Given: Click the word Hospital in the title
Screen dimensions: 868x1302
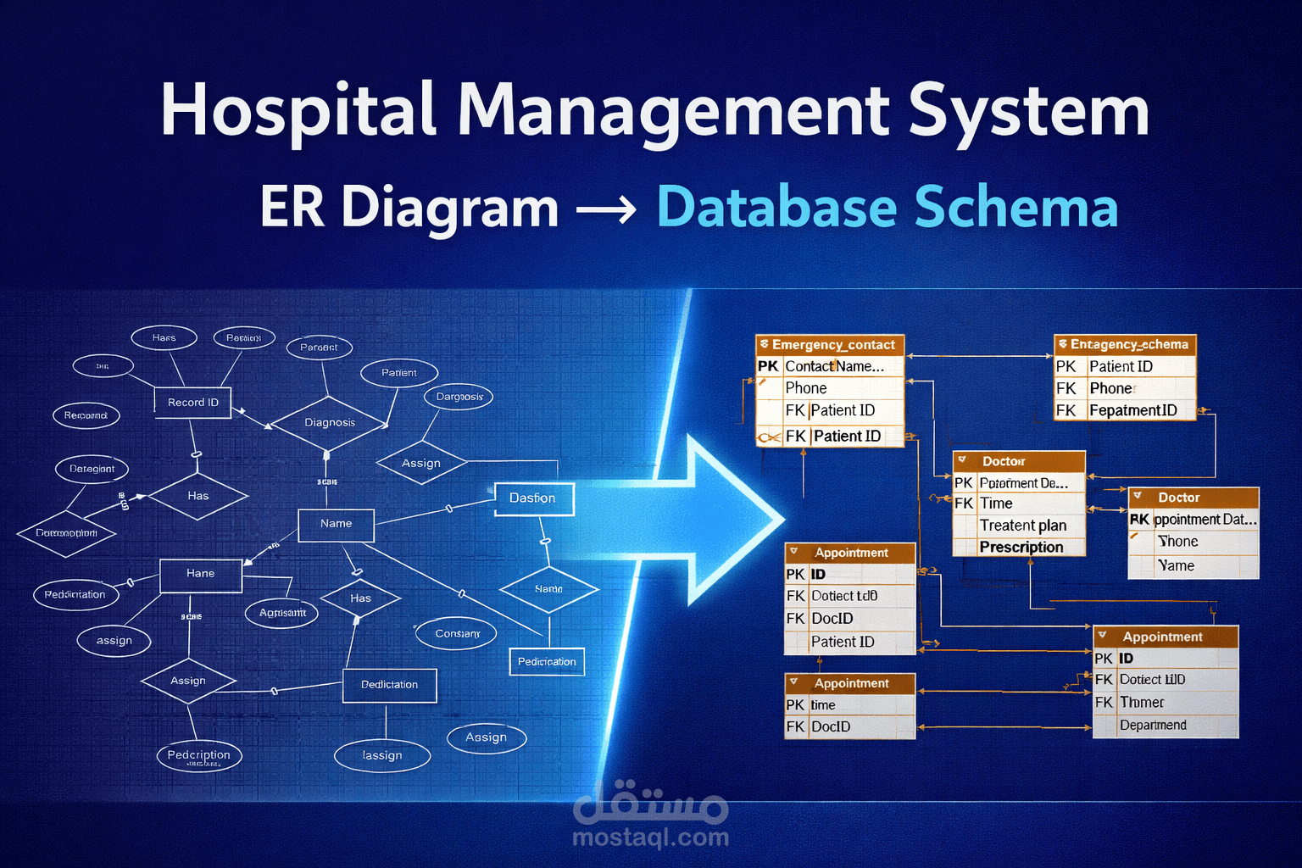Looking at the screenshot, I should pyautogui.click(x=297, y=111).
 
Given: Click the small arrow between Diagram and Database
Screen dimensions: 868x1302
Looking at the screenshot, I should pyautogui.click(x=606, y=209).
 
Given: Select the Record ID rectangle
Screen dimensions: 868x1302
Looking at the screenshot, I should pyautogui.click(x=192, y=402).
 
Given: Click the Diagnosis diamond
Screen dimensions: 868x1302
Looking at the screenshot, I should pyautogui.click(x=329, y=422).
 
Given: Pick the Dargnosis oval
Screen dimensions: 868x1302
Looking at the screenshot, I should pyautogui.click(x=459, y=396).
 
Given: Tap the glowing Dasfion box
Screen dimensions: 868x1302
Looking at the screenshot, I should pyautogui.click(x=533, y=498).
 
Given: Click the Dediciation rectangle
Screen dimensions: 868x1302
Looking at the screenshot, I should pyautogui.click(x=389, y=685).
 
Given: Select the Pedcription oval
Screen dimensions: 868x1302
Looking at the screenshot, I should pyautogui.click(x=199, y=755).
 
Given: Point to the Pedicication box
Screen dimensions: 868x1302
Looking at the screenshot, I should pyautogui.click(x=547, y=661).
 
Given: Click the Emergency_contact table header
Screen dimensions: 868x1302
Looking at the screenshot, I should pyautogui.click(x=831, y=345).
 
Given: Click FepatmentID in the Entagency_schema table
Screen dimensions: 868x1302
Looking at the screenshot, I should pyautogui.click(x=1132, y=410).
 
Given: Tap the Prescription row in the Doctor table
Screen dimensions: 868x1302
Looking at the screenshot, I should pyautogui.click(x=1021, y=548).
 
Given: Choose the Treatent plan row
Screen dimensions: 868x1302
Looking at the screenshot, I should pyautogui.click(x=1022, y=526).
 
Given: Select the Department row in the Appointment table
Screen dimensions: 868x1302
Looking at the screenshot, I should pyautogui.click(x=1153, y=726).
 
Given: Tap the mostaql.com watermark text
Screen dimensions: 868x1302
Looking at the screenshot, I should pyautogui.click(x=650, y=837).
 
